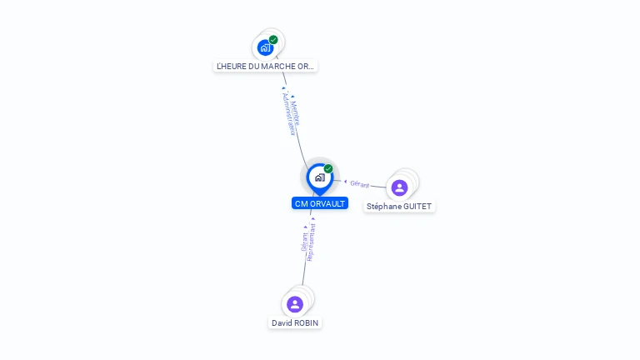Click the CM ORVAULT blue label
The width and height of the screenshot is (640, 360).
click(320, 203)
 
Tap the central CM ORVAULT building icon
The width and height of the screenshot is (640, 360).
click(319, 177)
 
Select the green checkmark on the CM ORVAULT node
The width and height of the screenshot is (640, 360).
click(328, 169)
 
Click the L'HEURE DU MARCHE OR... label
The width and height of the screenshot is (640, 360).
click(266, 66)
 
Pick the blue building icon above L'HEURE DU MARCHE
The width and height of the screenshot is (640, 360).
click(265, 47)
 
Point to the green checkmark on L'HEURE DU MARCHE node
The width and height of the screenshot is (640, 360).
click(273, 39)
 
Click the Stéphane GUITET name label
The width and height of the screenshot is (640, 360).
click(399, 206)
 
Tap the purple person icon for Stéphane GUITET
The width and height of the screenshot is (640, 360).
click(399, 187)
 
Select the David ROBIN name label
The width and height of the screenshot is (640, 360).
click(295, 322)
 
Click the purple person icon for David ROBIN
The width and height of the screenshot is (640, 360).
click(295, 304)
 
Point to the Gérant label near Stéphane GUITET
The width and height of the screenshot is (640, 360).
click(360, 184)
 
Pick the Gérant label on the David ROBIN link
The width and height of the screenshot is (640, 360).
click(304, 242)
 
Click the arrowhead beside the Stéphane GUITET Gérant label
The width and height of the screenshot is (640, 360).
click(346, 182)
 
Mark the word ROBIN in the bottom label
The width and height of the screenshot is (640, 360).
click(306, 322)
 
